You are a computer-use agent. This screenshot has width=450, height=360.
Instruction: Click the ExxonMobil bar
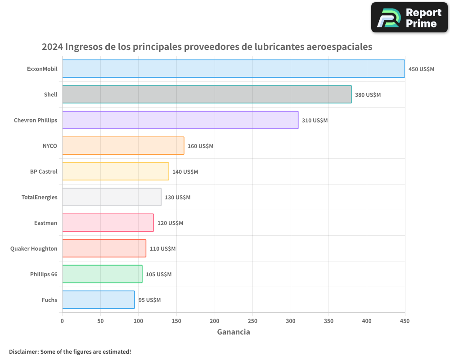click(233, 69)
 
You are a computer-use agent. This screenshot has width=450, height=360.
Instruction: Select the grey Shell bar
click(207, 94)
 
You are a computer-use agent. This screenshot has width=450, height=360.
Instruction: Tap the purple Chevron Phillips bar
click(180, 120)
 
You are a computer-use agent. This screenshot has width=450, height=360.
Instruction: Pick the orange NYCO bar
click(123, 146)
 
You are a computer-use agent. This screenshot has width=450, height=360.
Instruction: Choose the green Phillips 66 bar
click(102, 274)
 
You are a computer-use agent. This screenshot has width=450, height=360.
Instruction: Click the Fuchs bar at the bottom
click(98, 300)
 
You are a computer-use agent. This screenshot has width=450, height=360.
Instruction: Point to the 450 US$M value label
click(421, 69)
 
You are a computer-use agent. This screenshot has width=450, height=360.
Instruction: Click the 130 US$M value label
click(177, 198)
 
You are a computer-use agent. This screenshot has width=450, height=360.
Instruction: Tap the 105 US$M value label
click(158, 274)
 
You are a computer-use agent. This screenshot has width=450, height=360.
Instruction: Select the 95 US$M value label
click(149, 300)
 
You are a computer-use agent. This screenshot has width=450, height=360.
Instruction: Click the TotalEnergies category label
click(40, 197)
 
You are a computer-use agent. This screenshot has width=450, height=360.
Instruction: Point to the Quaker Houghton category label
click(34, 248)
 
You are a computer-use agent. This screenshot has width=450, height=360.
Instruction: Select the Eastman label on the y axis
click(45, 223)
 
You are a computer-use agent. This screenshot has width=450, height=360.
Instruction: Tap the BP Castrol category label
click(44, 171)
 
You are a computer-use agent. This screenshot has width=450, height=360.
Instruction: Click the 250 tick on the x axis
click(252, 321)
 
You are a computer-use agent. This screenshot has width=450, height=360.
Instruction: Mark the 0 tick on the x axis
click(62, 321)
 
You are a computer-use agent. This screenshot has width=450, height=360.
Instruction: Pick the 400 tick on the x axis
click(367, 321)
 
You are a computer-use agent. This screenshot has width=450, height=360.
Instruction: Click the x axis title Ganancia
click(233, 332)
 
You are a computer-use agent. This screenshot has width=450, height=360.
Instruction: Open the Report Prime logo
click(409, 18)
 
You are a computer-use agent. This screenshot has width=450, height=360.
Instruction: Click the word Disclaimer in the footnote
click(23, 351)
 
